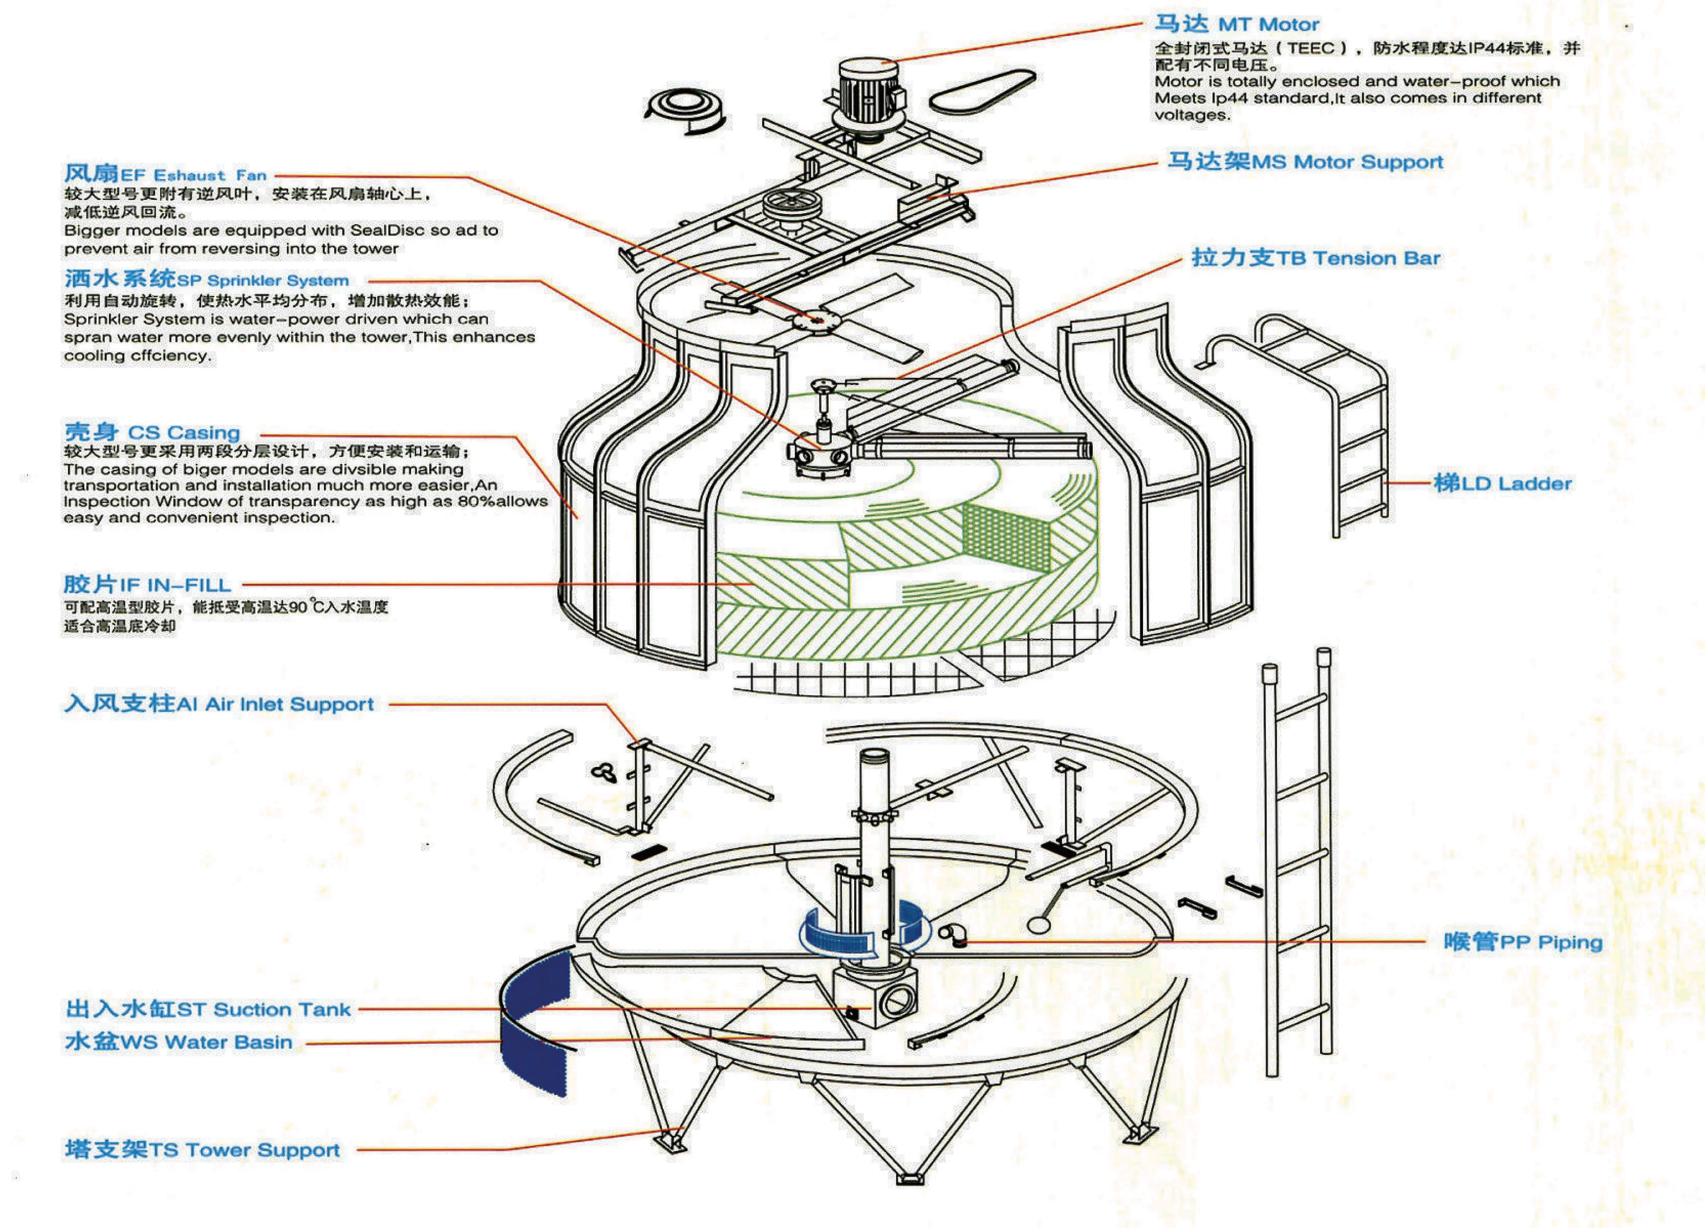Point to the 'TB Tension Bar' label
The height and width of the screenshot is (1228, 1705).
tap(1316, 258)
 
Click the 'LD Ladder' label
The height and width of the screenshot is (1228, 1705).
tap(1502, 483)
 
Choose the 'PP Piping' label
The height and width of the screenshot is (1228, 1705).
tap(1522, 942)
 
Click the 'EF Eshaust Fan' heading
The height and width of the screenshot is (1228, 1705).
tap(166, 175)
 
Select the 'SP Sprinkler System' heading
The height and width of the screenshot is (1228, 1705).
tap(207, 280)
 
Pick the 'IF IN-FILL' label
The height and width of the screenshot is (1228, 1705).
tap(147, 584)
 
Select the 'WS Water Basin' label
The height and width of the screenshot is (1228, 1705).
tap(179, 1042)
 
